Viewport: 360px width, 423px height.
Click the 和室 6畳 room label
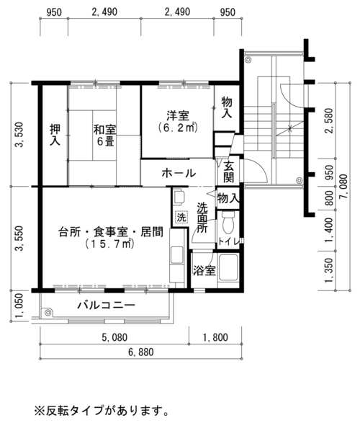(x=105, y=135)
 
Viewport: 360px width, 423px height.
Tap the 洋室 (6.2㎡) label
(x=178, y=122)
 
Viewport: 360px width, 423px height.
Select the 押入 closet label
(x=55, y=135)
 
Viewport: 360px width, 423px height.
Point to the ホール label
(x=179, y=173)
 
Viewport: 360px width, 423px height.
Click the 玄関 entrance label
(x=228, y=172)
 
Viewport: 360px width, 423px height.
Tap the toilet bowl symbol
(x=228, y=222)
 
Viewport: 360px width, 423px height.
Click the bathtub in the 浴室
(x=228, y=267)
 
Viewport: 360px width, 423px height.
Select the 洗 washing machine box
(x=181, y=217)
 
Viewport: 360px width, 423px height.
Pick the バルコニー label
(x=106, y=305)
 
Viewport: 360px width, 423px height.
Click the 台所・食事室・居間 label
(x=111, y=232)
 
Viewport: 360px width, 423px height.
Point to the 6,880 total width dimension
(x=141, y=352)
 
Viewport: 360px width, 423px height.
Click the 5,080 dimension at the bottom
(x=114, y=337)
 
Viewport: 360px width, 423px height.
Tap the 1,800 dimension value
(x=215, y=337)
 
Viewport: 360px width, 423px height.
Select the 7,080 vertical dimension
(x=343, y=187)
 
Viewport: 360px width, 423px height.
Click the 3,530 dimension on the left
(x=19, y=135)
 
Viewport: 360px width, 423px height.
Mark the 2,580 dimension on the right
(x=329, y=120)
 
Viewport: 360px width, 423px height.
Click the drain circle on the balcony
(x=48, y=313)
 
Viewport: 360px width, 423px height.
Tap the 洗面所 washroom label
(x=202, y=218)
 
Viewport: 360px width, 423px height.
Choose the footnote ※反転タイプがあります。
(x=102, y=410)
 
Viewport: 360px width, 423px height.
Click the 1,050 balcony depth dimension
(x=19, y=306)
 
